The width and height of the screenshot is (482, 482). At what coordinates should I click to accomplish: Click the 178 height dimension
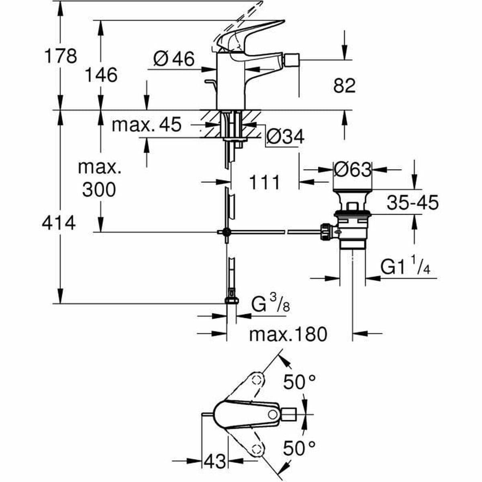coord(60,56)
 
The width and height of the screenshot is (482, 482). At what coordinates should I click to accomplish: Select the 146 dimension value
coord(101,75)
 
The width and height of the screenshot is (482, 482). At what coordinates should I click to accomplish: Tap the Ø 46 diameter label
coord(174,59)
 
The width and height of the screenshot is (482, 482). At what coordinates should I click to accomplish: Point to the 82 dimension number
coord(344,86)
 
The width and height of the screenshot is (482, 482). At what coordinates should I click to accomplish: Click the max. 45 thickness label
coord(146,125)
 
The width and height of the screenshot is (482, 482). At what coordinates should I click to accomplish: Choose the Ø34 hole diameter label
coord(285,137)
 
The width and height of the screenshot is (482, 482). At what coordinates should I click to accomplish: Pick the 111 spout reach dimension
coord(264,183)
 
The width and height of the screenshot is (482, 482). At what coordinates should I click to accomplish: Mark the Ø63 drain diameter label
coord(352,170)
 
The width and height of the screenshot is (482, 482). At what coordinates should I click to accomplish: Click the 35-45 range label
coord(413,203)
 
